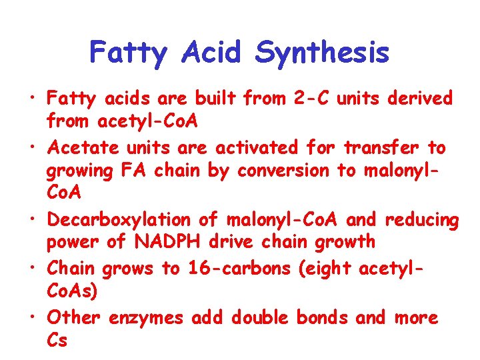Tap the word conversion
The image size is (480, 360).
(283, 171)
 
